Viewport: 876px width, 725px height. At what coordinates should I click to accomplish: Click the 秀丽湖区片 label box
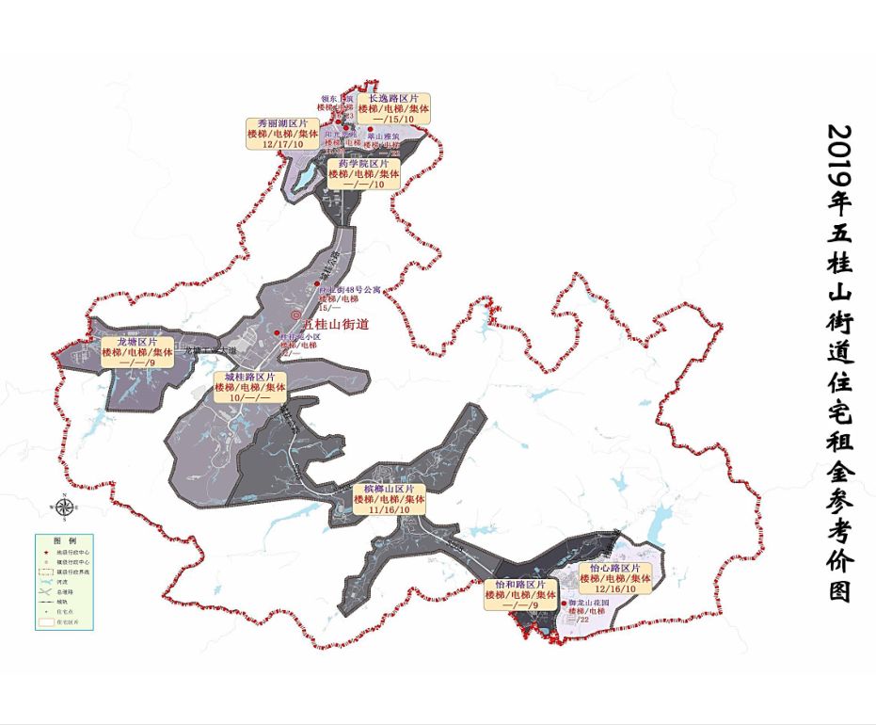pyautogui.click(x=278, y=134)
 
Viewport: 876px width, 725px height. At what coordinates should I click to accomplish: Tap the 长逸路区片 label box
pyautogui.click(x=393, y=108)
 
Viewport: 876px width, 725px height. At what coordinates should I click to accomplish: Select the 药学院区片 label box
pyautogui.click(x=364, y=174)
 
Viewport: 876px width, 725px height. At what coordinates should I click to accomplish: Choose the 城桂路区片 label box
pyautogui.click(x=249, y=387)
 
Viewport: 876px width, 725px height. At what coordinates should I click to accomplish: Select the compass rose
pyautogui.click(x=63, y=507)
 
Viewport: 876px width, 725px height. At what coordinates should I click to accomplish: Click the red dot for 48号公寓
pyautogui.click(x=316, y=284)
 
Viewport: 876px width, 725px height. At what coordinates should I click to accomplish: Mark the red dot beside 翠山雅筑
pyautogui.click(x=370, y=129)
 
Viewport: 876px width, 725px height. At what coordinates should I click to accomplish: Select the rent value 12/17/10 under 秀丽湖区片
pyautogui.click(x=278, y=144)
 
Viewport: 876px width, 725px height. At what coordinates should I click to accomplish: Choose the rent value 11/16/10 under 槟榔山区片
pyautogui.click(x=389, y=509)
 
